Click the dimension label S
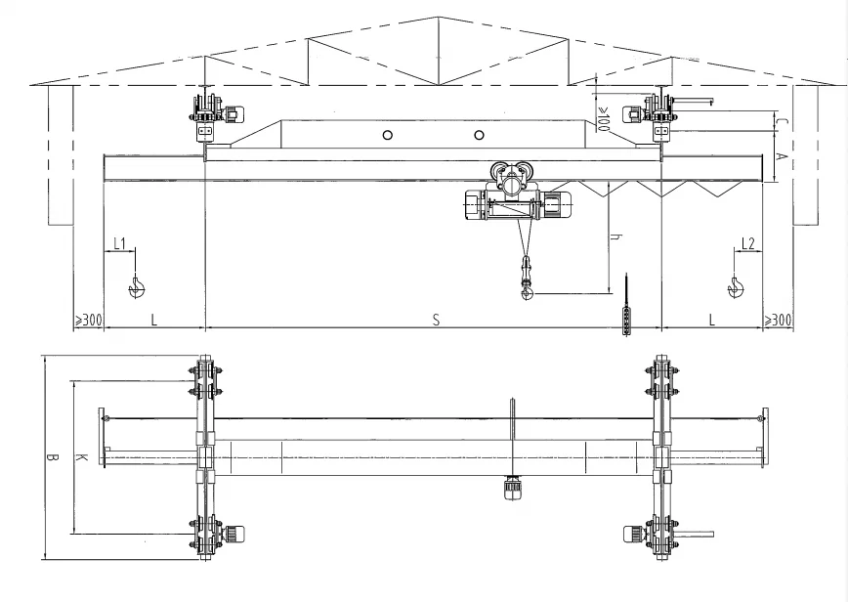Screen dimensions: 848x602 point(436,320)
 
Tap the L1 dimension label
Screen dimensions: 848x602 point(119,242)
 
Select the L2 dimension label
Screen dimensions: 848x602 point(747,242)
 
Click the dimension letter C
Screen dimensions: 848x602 point(782,122)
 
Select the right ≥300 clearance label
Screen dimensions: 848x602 point(779,320)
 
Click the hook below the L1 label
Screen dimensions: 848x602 point(137,285)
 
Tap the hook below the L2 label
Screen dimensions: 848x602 point(735,285)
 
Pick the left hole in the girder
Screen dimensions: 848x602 point(388,135)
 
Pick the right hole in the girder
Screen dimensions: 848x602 point(479,135)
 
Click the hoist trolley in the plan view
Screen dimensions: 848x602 point(511,486)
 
